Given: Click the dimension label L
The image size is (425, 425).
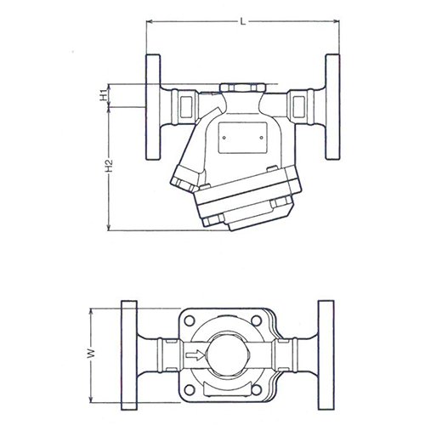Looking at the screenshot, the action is pyautogui.click(x=243, y=21).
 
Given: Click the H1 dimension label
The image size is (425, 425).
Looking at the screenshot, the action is pyautogui.click(x=104, y=95).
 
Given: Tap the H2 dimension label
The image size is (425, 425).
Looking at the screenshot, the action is pyautogui.click(x=109, y=166).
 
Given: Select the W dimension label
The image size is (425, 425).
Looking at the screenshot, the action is pyautogui.click(x=91, y=354).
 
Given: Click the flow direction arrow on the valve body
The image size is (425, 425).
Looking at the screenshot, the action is pyautogui.click(x=195, y=355).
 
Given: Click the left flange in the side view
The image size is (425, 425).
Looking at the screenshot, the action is pyautogui.click(x=153, y=107).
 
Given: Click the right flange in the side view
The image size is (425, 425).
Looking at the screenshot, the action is pyautogui.click(x=332, y=107).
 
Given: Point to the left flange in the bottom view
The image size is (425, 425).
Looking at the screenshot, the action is pyautogui.click(x=129, y=355).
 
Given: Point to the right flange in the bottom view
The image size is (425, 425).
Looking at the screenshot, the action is pyautogui.click(x=326, y=355).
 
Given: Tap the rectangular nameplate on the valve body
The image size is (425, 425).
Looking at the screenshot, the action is pyautogui.click(x=243, y=138).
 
